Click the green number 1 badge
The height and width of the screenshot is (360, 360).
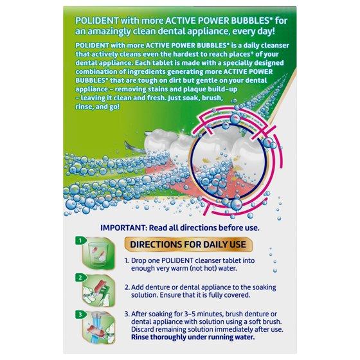(80, 240)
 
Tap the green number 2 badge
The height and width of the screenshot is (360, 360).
(80, 278)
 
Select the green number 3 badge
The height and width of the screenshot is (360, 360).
(80, 314)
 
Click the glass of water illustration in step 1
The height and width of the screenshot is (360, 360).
(98, 255)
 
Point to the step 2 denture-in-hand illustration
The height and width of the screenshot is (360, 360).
(98, 291)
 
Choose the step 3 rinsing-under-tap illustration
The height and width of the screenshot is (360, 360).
(98, 328)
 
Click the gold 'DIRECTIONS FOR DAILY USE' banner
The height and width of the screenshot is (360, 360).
(188, 244)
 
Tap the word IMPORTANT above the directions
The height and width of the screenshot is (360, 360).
(123, 228)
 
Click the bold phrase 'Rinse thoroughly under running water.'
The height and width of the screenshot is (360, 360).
(193, 337)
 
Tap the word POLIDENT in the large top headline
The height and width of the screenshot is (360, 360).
(97, 21)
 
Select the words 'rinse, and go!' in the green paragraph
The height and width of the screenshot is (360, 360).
(97, 107)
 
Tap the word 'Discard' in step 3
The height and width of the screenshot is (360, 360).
(143, 329)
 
